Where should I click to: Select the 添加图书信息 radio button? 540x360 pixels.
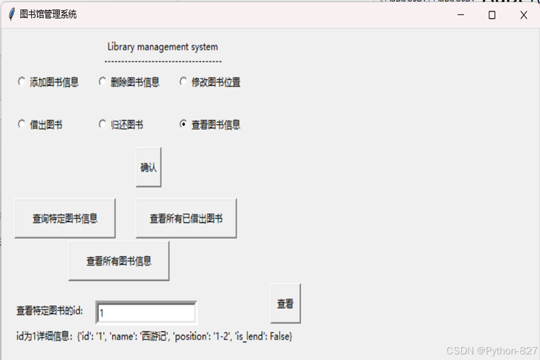(x=22, y=82)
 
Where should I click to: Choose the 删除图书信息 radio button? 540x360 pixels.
(x=102, y=82)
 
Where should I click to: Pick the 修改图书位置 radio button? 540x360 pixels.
(x=183, y=82)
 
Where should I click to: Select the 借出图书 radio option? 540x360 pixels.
(x=22, y=124)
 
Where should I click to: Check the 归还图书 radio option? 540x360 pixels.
(x=102, y=124)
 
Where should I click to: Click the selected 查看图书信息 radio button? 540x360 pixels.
(x=183, y=124)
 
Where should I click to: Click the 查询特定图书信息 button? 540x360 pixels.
(x=65, y=218)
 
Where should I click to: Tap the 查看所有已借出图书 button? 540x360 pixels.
(x=186, y=218)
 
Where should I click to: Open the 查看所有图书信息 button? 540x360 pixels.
(x=119, y=261)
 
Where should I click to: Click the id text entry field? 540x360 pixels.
(x=146, y=313)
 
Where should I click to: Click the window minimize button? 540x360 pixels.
(x=461, y=14)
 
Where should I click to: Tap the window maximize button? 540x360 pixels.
(x=492, y=14)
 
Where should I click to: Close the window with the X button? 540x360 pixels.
(x=524, y=14)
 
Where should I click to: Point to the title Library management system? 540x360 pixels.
(x=162, y=47)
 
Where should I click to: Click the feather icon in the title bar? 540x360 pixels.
(x=11, y=14)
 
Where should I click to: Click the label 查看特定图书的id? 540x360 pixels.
(x=49, y=311)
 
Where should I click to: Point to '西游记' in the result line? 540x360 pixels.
(x=154, y=336)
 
